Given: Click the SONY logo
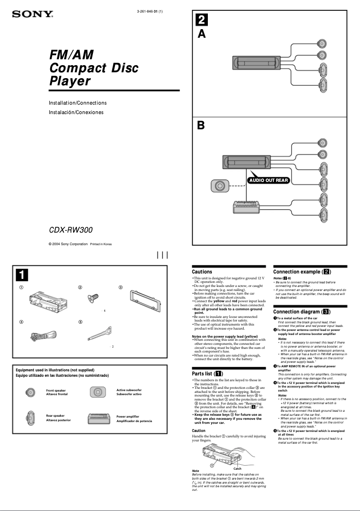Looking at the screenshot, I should click(32, 14).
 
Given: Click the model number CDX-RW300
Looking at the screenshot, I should click(70, 230).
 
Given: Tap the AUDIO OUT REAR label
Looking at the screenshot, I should click(268, 181).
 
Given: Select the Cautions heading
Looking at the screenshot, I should click(202, 272).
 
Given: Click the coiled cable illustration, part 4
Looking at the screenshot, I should click(42, 335).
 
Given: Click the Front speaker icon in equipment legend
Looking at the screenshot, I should click(31, 392).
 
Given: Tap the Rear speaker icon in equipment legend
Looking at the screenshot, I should click(31, 418).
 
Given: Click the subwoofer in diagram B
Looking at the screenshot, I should click(220, 186).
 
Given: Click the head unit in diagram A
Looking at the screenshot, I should click(257, 62).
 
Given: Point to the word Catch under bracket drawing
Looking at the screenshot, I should click(237, 468).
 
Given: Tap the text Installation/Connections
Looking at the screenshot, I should click(78, 103).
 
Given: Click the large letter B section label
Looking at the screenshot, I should click(202, 125).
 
